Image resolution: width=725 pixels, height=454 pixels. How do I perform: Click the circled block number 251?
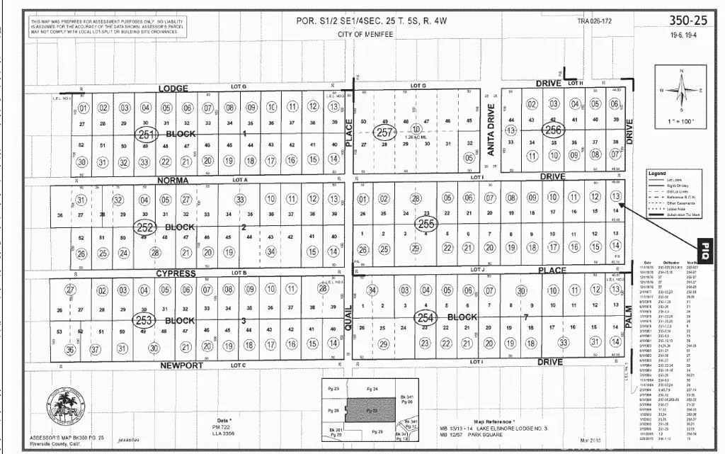click(146, 134)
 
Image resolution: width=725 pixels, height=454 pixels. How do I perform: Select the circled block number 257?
click(384, 132)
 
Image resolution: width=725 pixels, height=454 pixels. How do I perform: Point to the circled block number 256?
click(552, 130)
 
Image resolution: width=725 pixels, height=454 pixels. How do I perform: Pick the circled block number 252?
click(145, 227)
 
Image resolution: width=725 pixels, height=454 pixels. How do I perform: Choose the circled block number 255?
click(426, 223)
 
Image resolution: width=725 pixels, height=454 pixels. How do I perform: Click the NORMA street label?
click(173, 181)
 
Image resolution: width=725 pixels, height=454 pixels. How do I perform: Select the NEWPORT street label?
click(182, 365)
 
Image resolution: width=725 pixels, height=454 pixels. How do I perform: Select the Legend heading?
click(658, 174)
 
